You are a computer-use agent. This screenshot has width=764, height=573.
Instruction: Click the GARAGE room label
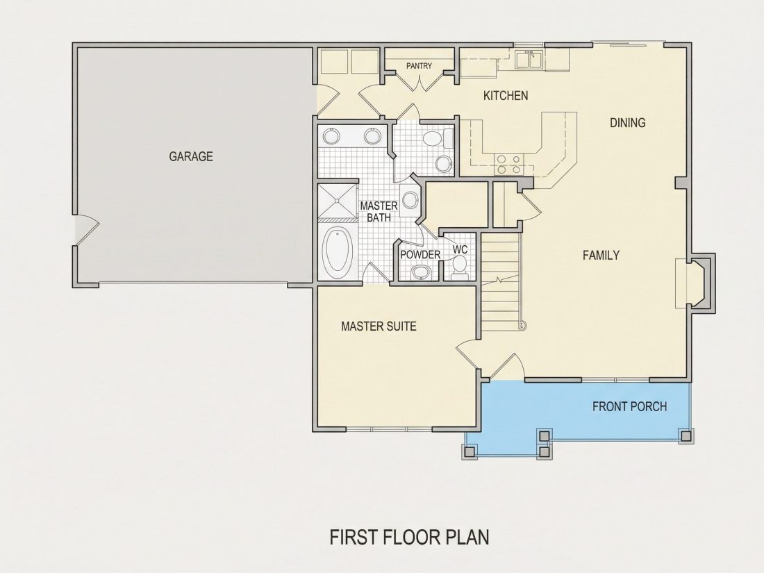click(x=191, y=156)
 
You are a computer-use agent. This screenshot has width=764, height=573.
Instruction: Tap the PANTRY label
click(x=419, y=66)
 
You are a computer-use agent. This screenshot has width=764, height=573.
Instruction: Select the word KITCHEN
click(x=506, y=96)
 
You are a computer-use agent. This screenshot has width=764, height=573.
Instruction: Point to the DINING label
click(x=628, y=123)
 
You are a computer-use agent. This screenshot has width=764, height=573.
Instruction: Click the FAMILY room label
click(x=601, y=255)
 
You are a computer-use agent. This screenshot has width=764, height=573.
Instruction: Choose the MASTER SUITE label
click(x=379, y=326)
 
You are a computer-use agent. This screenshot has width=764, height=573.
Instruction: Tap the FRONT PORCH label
click(x=629, y=406)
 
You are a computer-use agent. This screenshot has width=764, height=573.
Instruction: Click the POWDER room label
click(x=420, y=254)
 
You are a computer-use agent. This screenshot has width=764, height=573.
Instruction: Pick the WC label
click(x=460, y=250)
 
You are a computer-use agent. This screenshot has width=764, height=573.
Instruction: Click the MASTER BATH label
click(x=379, y=211)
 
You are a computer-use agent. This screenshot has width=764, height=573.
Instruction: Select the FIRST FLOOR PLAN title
click(x=409, y=537)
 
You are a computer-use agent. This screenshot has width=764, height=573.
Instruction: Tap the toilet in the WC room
click(x=459, y=267)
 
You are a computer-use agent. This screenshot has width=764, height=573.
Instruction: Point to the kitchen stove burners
click(x=508, y=164)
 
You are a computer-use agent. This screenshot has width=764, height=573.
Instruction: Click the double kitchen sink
click(x=529, y=60)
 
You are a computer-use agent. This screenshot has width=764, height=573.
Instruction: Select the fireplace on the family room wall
click(x=695, y=283)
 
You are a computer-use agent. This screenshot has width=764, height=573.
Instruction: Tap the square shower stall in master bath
click(x=338, y=201)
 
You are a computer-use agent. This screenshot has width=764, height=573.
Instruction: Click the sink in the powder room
click(x=420, y=272)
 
